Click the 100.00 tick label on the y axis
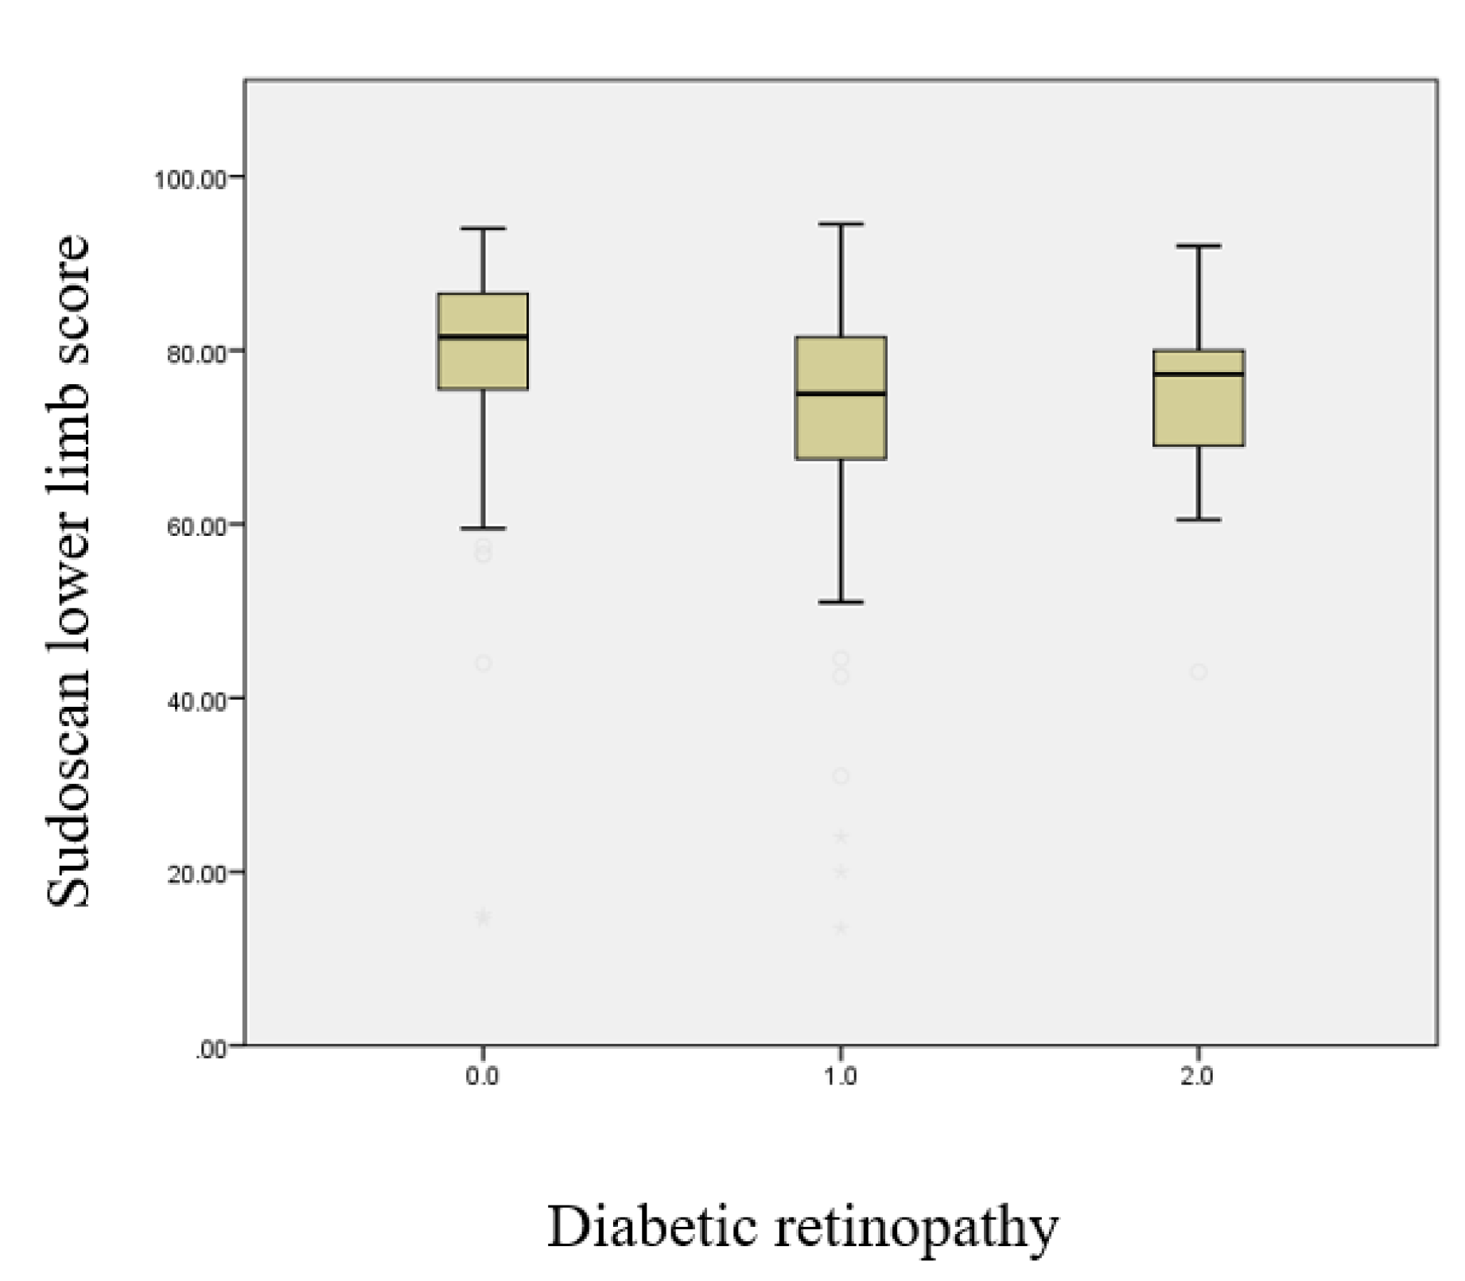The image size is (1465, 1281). (190, 179)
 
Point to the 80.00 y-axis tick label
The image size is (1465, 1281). (195, 353)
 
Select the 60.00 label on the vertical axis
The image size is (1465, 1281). (195, 526)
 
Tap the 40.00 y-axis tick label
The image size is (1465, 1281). (195, 701)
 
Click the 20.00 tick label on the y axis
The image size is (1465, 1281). (195, 874)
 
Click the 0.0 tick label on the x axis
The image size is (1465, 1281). (482, 1077)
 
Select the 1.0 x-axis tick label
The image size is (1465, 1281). (840, 1077)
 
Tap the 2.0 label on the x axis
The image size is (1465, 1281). (1197, 1077)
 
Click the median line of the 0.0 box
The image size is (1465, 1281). (483, 337)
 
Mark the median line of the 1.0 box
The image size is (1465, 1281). (841, 394)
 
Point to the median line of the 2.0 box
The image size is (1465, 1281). (1199, 374)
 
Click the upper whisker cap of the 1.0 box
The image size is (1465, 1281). (841, 224)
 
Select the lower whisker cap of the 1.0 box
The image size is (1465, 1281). (841, 602)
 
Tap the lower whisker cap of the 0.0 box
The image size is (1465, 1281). (483, 528)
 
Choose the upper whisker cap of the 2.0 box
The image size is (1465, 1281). (1199, 246)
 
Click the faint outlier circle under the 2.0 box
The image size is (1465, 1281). (1199, 672)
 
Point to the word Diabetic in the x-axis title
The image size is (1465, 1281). (652, 1226)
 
